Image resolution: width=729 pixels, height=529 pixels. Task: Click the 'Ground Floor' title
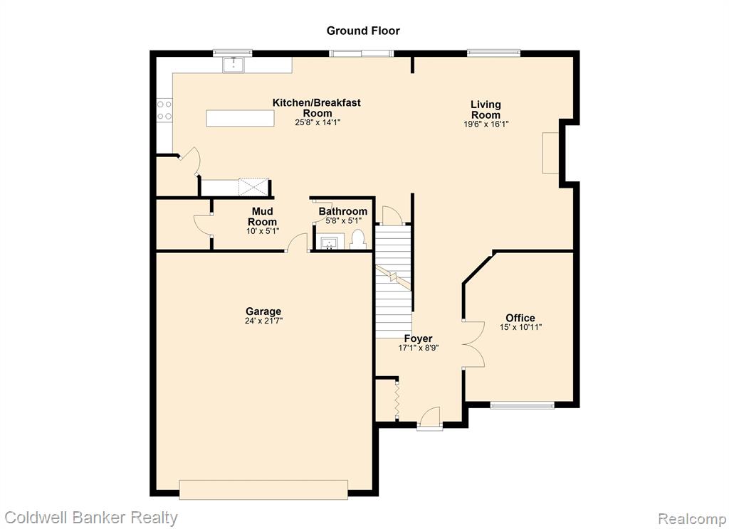[x=363, y=31]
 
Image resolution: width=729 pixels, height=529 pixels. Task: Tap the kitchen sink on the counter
[x=234, y=65]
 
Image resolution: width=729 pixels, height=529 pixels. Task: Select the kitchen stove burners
[x=164, y=110]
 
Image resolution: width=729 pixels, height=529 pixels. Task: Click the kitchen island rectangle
[x=240, y=118]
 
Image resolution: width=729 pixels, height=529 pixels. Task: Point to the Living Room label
[x=486, y=109]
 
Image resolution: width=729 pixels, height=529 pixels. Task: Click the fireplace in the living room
[x=550, y=154]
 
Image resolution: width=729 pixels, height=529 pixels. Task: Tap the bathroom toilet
[x=358, y=240]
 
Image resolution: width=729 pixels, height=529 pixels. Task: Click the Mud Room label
[x=262, y=216]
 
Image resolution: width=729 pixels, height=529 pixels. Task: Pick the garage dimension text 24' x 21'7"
[x=263, y=321]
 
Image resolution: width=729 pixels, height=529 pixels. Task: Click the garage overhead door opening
[x=263, y=489]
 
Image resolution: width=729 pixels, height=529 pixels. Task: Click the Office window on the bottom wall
[x=522, y=405]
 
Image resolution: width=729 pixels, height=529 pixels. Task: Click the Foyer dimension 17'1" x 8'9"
[x=419, y=348]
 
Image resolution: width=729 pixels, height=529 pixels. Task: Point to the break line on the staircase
[x=394, y=278]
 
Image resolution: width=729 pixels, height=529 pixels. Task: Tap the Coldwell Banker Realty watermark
[x=91, y=518]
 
